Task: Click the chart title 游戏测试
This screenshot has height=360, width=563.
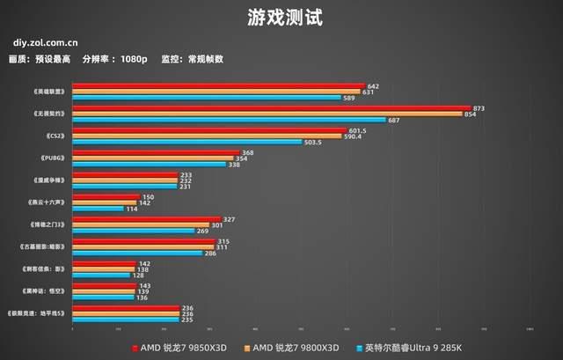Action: (x=281, y=16)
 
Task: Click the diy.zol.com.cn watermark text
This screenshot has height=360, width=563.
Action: (x=45, y=40)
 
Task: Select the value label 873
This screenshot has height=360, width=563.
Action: (x=479, y=107)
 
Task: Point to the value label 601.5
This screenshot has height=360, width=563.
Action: (x=356, y=129)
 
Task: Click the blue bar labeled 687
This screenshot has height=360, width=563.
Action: (x=229, y=120)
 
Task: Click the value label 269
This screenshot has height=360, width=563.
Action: (x=203, y=231)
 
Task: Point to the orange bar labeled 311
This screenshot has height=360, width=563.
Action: (x=143, y=246)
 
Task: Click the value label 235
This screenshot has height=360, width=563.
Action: (x=186, y=320)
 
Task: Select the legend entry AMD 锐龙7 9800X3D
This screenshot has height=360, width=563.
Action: (x=294, y=348)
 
